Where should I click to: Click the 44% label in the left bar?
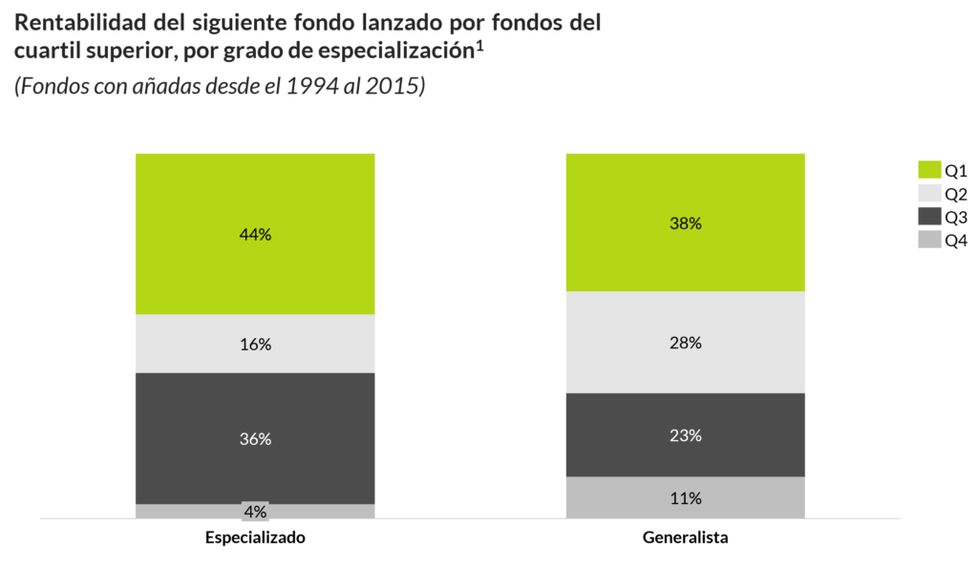tap(255, 235)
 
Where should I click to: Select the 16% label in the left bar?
tap(255, 345)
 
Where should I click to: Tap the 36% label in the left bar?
tap(255, 439)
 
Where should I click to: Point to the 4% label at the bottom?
tap(255, 512)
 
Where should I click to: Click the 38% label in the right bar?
tap(686, 224)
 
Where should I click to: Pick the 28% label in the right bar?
tap(686, 343)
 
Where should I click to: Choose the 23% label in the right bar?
tap(686, 435)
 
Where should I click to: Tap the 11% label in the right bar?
tap(686, 498)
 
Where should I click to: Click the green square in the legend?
tap(929, 169)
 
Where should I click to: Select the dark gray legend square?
tap(929, 216)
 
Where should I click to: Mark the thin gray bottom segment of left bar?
tap(181, 512)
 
